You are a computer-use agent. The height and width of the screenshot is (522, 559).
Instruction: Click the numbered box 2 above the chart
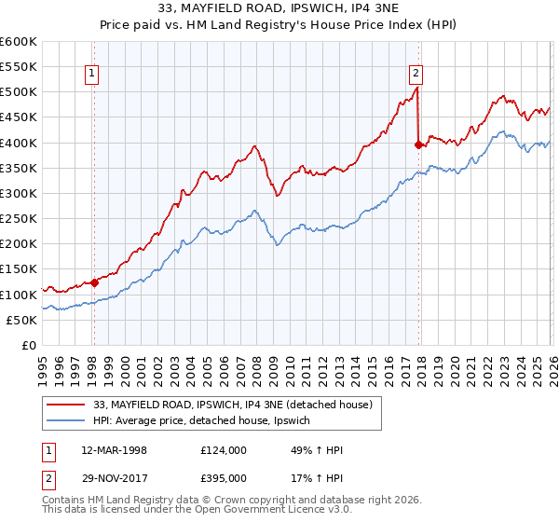(416, 76)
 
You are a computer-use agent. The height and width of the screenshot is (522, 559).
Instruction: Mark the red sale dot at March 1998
(94, 282)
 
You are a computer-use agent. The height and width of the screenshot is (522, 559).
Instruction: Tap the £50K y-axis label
(21, 320)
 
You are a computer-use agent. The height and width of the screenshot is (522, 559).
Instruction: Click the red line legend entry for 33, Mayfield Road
(234, 405)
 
